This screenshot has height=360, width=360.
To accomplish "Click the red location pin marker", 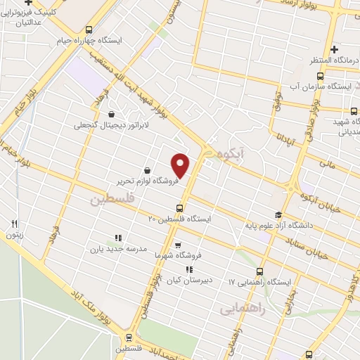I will pyautogui.click(x=181, y=165).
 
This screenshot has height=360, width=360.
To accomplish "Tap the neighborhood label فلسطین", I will pyautogui.click(x=110, y=200).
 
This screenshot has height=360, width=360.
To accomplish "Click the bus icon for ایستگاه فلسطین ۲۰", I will pyautogui.click(x=180, y=207).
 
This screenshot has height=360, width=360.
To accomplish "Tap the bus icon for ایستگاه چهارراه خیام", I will pyautogui.click(x=89, y=30).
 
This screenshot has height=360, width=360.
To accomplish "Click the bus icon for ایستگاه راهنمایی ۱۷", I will pyautogui.click(x=260, y=271).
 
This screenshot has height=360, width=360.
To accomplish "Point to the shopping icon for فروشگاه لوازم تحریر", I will pyautogui.click(x=147, y=170).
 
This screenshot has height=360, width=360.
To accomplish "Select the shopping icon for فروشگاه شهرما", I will pyautogui.click(x=177, y=245).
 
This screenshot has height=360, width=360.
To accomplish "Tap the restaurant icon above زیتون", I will pyautogui.click(x=14, y=224).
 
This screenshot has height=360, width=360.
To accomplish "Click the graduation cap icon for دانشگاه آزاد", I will pyautogui.click(x=278, y=215).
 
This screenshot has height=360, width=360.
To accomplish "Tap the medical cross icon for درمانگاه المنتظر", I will pyautogui.click(x=335, y=49).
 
